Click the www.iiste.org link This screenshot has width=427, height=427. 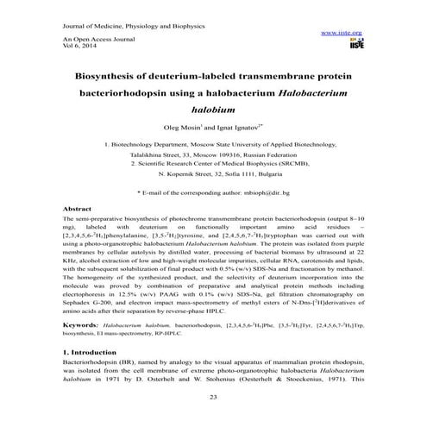(341, 32)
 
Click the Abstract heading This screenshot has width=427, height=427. (78, 209)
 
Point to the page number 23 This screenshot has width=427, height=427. (213, 396)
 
